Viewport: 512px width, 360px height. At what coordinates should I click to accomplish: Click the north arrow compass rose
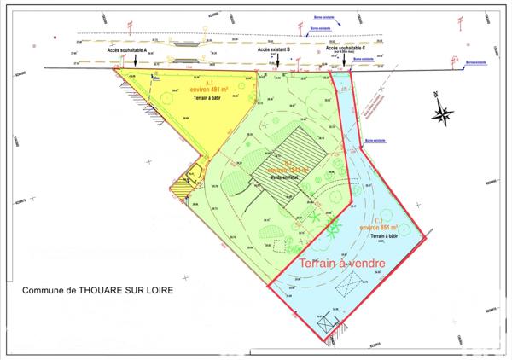tap(443, 111)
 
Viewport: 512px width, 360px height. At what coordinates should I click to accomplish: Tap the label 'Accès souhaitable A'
tap(127, 51)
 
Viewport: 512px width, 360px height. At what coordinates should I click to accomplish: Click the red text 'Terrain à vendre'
tap(341, 264)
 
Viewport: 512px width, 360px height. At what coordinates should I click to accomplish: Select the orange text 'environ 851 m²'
tap(380, 228)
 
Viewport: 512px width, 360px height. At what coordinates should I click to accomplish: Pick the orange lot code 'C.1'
tap(380, 221)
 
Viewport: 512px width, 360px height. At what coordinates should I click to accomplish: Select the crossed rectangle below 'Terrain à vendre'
tap(340, 288)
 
